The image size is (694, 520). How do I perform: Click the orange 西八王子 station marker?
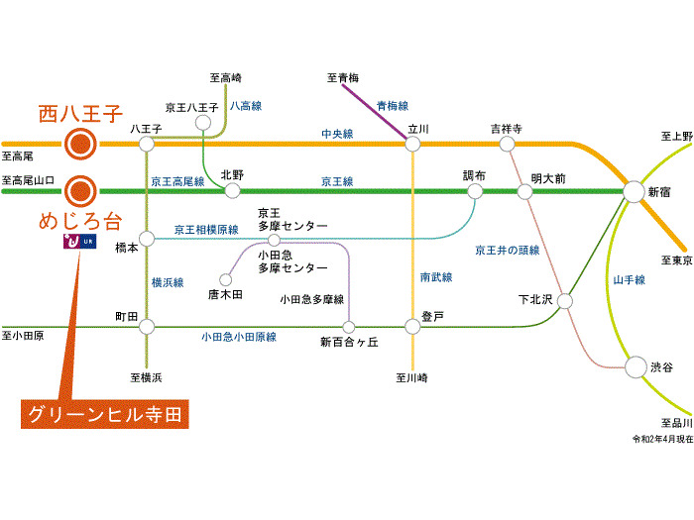click(79, 145)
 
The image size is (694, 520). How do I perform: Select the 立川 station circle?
click(412, 145)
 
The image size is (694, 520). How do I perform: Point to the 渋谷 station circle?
click(634, 367)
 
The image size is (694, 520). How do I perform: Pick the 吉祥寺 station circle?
click(507, 145)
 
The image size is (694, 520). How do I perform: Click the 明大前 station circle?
click(524, 191)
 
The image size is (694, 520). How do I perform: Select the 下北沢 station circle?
click(565, 299)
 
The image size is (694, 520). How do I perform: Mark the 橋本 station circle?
click(147, 239)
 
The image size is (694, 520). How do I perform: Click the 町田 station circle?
click(147, 326)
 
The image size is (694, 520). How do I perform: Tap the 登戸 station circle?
click(412, 326)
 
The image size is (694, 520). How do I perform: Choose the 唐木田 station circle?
click(225, 279)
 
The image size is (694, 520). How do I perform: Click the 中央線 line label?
click(336, 133)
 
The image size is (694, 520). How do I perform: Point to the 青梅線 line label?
click(393, 105)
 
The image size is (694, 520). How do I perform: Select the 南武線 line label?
click(435, 278)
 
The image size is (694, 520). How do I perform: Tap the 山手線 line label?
click(629, 280)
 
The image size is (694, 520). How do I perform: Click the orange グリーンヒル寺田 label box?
click(104, 413)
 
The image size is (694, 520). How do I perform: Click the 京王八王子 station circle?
click(203, 123)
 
